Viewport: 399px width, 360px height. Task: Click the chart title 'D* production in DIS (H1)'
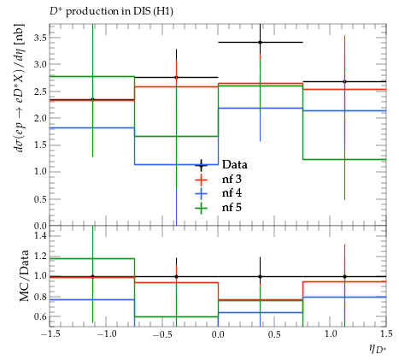(111, 11)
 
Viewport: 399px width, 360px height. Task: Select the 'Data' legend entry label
(235, 165)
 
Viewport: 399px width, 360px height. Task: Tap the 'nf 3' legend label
(232, 179)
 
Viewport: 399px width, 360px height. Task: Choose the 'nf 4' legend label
(232, 193)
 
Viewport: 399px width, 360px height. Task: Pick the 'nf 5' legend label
(232, 207)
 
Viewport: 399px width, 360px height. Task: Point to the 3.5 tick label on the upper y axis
(40, 38)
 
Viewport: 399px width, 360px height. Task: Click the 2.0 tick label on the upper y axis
(40, 118)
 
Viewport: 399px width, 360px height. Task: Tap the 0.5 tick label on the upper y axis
(40, 199)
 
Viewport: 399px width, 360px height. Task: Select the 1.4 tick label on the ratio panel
(40, 235)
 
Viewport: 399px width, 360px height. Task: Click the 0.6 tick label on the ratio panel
(40, 316)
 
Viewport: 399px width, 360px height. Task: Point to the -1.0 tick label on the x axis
(107, 334)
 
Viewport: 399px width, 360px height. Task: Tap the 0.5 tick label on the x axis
(275, 334)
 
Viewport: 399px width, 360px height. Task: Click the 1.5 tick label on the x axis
(386, 334)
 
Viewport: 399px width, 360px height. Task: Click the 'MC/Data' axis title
(25, 275)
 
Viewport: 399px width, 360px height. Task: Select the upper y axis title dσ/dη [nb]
(21, 88)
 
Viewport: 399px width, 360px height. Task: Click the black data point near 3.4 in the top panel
(260, 43)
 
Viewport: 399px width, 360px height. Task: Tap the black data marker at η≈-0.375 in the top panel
(176, 77)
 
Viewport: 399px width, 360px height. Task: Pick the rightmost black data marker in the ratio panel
(344, 276)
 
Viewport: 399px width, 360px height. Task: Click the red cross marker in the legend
(202, 180)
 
